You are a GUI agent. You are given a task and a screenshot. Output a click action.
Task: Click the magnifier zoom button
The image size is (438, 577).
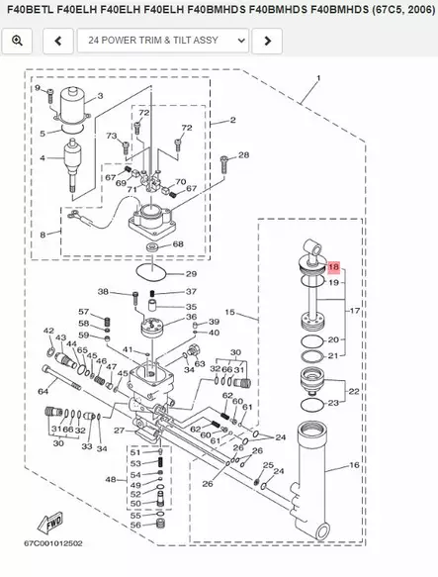tap(19, 41)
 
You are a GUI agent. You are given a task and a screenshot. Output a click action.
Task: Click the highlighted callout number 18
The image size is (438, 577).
tap(333, 268)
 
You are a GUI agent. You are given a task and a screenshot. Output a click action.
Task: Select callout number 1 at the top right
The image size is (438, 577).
tap(318, 78)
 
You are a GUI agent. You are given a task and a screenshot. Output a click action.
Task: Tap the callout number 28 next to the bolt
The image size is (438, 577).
tap(243, 155)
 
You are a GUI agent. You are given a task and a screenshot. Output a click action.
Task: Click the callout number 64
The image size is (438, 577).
tap(44, 392)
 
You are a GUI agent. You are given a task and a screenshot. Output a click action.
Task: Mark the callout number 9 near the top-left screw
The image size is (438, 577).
tap(38, 89)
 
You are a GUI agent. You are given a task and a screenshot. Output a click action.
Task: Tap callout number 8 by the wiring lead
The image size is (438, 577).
tap(42, 234)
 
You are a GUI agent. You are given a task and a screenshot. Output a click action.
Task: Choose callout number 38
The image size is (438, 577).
tap(102, 292)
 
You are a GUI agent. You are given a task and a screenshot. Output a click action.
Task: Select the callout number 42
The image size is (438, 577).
tap(48, 331)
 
